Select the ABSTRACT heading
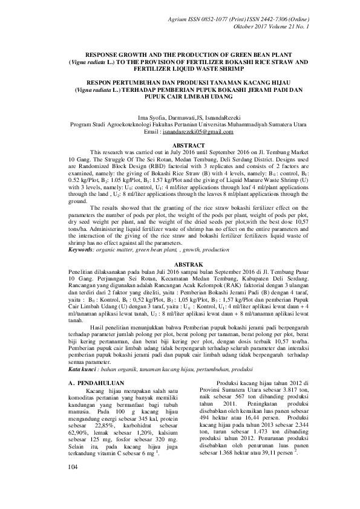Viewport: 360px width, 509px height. pos(180,146)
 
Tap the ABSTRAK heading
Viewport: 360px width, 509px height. pos(180,265)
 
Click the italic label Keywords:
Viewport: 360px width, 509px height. pos(82,249)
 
